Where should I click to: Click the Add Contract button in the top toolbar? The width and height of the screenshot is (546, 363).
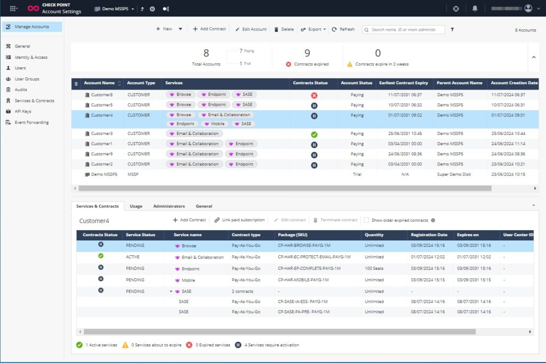tap(209, 29)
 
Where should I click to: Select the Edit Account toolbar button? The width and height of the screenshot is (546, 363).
tap(251, 29)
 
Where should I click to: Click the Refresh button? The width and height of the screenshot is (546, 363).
tap(343, 29)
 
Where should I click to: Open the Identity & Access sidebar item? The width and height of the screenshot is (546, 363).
tap(30, 58)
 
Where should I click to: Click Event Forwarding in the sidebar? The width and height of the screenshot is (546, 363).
tap(31, 123)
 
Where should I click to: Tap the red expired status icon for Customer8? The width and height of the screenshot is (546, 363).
tap(314, 95)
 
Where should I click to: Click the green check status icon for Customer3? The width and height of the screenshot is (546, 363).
tap(314, 134)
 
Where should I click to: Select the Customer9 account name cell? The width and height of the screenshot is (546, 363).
tap(101, 154)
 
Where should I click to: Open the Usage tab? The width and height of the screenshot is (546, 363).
tap(136, 206)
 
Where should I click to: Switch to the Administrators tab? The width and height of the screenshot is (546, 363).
tap(168, 206)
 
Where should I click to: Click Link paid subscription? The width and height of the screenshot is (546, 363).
tap(239, 220)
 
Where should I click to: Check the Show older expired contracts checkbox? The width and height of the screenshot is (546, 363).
tap(366, 220)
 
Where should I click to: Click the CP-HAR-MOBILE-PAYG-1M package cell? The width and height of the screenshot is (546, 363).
tap(303, 280)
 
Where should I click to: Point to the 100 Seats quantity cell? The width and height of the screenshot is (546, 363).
tap(374, 269)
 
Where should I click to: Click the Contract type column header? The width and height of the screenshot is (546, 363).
tap(246, 235)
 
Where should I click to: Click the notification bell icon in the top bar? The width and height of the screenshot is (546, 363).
tap(475, 9)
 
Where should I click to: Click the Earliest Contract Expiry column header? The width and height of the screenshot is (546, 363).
tap(404, 83)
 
